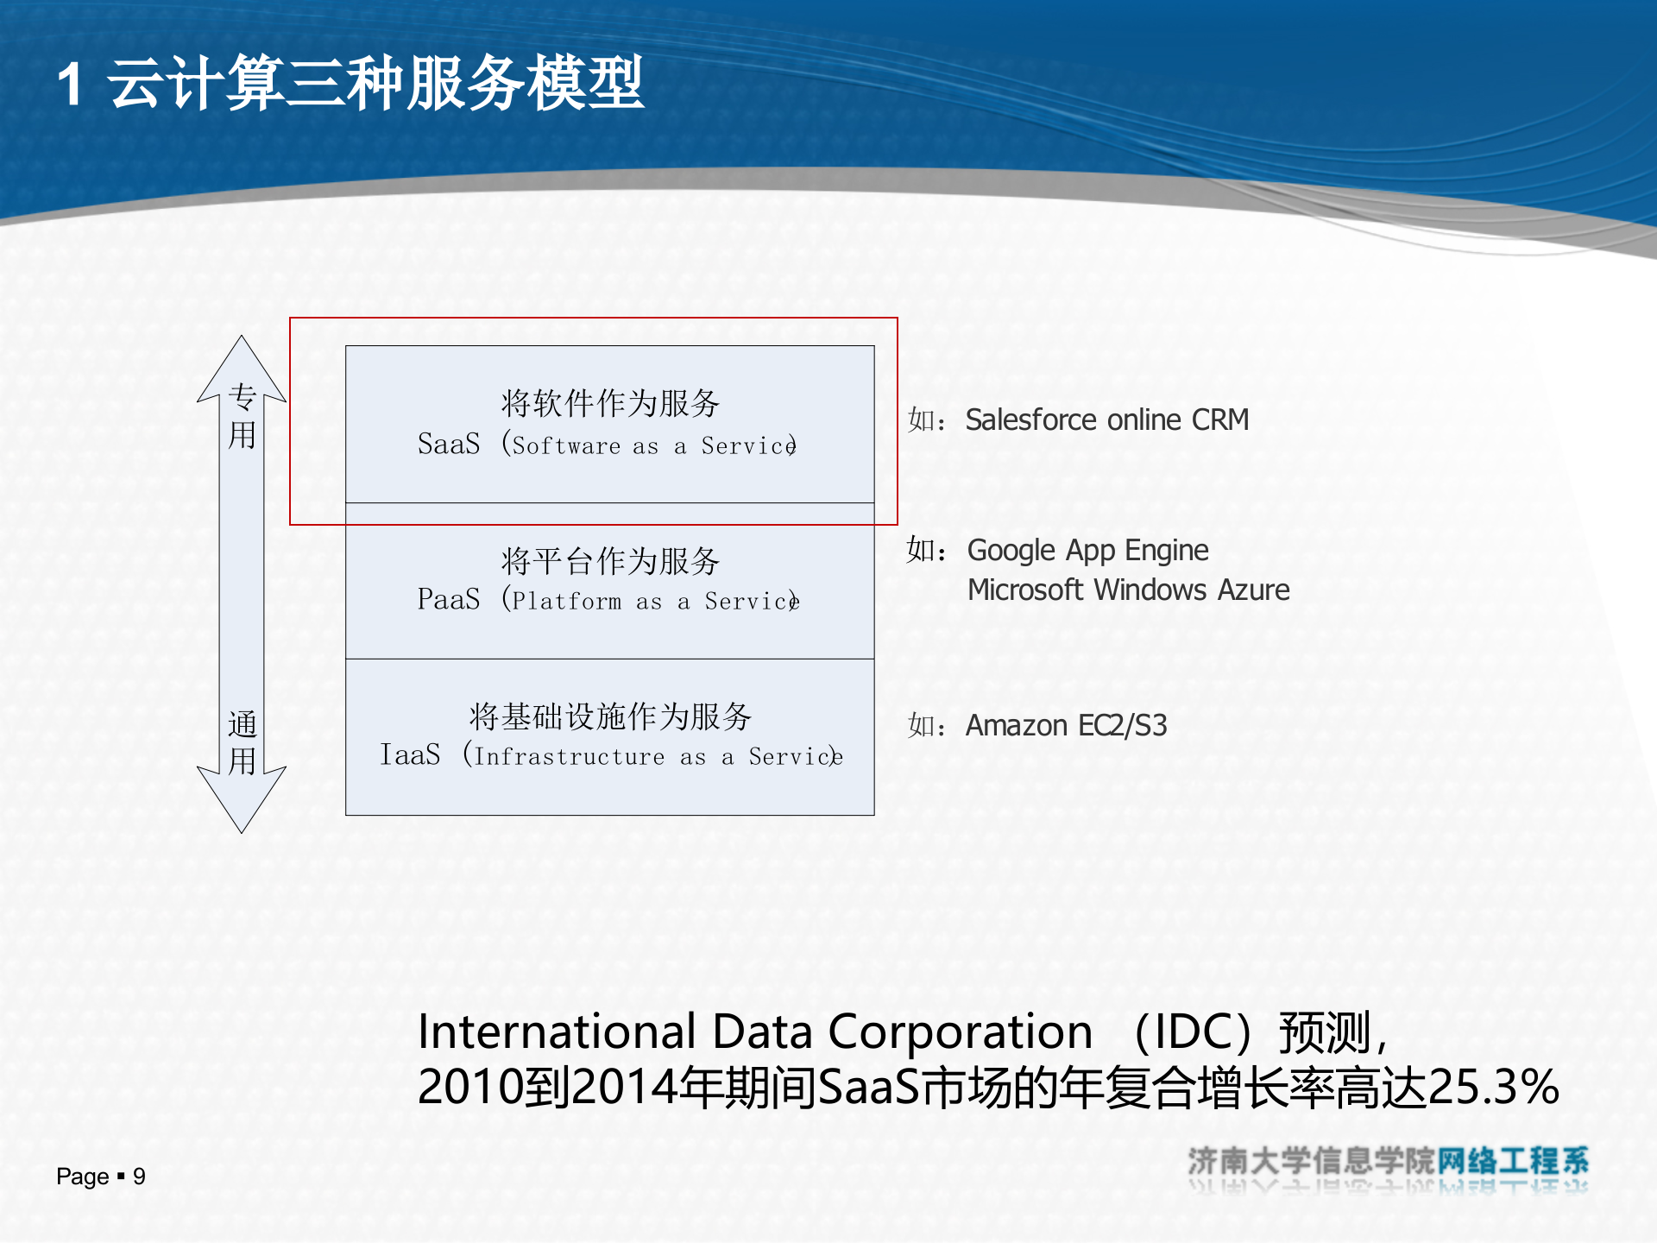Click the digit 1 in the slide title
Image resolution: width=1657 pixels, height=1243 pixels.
(71, 85)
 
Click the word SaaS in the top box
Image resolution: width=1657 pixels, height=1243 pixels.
(449, 444)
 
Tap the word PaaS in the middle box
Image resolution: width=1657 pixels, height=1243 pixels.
(449, 599)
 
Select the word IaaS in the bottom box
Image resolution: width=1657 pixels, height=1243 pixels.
(411, 754)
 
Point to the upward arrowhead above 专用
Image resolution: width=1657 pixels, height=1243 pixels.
(242, 363)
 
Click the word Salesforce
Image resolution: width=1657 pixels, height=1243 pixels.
(1030, 420)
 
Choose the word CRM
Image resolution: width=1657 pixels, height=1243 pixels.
(1220, 420)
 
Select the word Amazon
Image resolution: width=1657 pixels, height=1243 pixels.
(1016, 726)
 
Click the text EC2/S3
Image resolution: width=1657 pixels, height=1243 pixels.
(1122, 726)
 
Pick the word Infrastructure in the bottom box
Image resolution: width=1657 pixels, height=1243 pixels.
(570, 757)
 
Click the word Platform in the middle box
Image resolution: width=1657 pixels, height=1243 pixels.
(567, 602)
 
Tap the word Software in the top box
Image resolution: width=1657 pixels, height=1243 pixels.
(566, 446)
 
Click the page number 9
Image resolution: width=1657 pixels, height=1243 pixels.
(139, 1177)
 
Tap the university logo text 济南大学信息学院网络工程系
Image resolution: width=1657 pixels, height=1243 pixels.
(1388, 1162)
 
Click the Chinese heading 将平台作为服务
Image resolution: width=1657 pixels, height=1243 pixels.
(610, 561)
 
